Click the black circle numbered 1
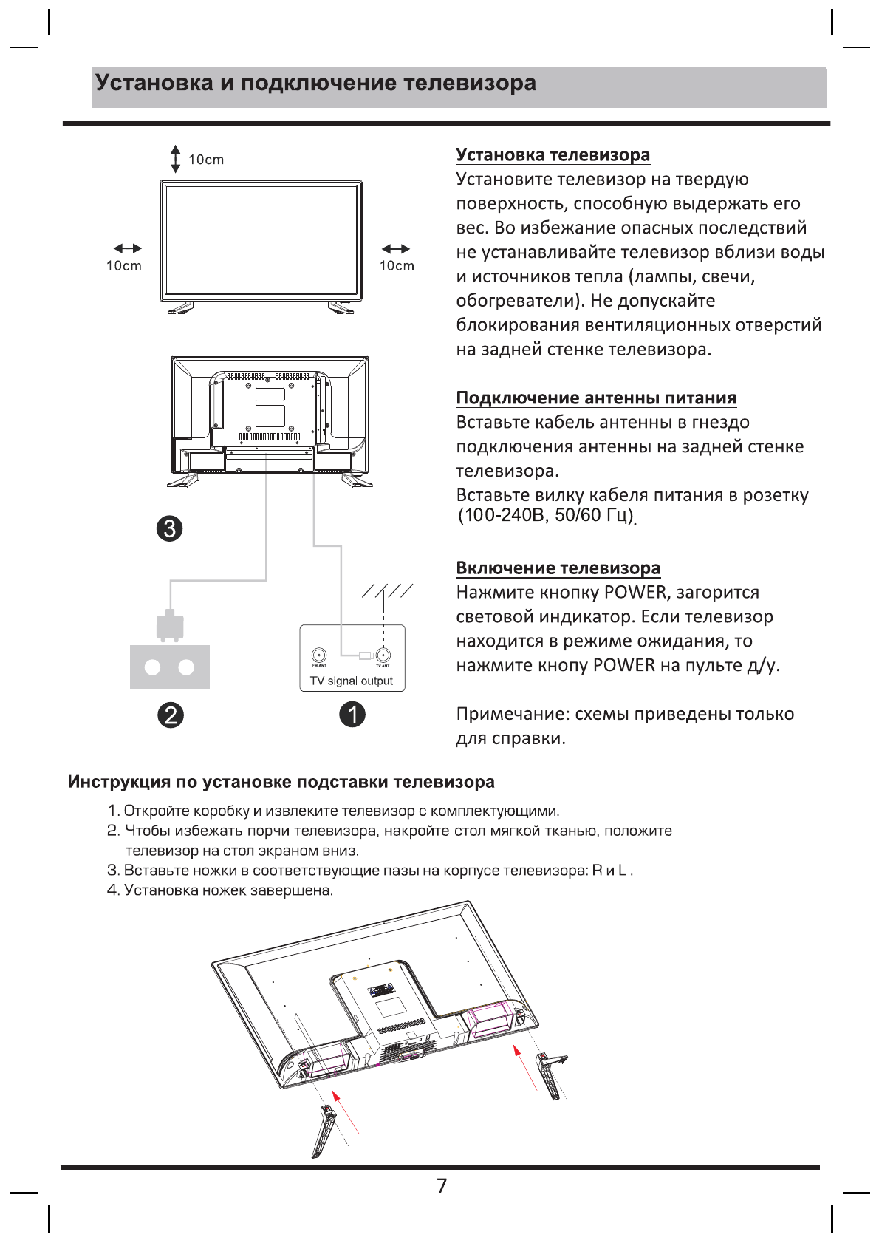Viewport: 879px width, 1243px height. (352, 714)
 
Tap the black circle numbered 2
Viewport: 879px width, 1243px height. (171, 715)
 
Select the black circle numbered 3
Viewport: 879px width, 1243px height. (170, 528)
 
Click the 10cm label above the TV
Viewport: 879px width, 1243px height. (206, 160)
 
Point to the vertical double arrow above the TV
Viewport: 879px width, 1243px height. (176, 159)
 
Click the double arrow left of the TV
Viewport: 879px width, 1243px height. (127, 248)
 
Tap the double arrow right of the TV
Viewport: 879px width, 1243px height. (396, 248)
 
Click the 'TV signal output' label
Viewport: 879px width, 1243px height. (352, 681)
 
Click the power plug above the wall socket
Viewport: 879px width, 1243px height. (170, 626)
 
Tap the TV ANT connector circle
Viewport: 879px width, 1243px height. (383, 655)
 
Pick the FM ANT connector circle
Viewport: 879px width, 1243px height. (319, 655)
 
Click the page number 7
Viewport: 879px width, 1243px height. (442, 1185)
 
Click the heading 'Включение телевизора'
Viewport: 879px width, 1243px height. (558, 568)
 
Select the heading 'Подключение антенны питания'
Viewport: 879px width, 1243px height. (596, 398)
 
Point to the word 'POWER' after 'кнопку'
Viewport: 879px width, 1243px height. (635, 592)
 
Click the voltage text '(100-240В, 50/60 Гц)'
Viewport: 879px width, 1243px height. (546, 515)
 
